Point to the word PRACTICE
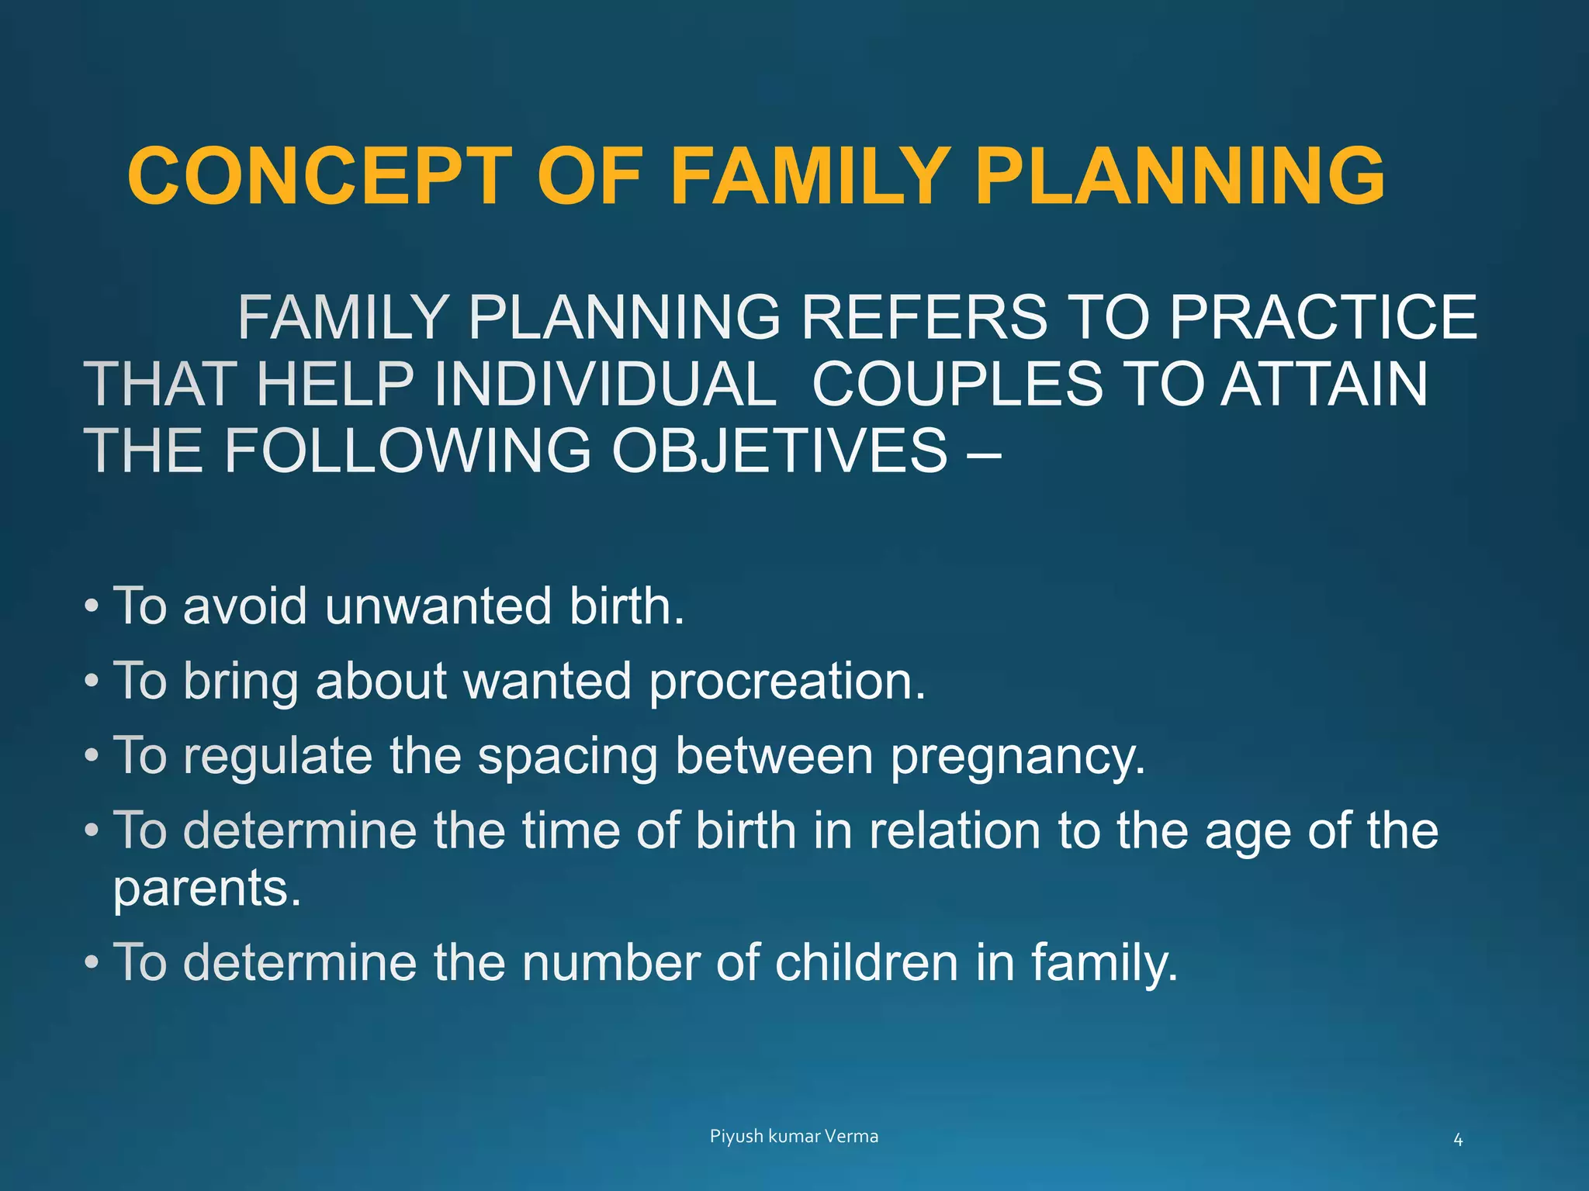click(x=1323, y=317)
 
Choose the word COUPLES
click(x=957, y=384)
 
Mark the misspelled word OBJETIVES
click(x=779, y=451)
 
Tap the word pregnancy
click(x=1017, y=757)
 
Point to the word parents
click(x=206, y=889)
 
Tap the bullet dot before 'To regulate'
click(x=92, y=755)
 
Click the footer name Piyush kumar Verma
click(x=794, y=1136)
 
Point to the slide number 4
click(x=1458, y=1140)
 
